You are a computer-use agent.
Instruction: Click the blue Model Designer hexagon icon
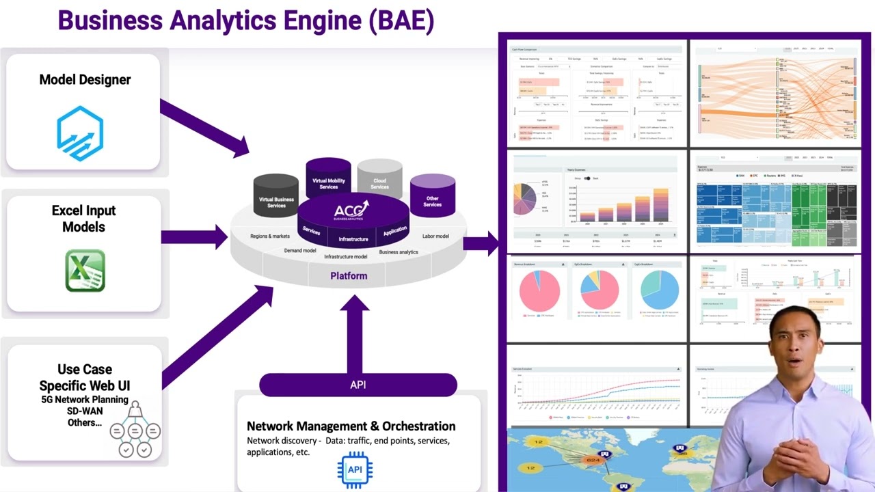(x=81, y=133)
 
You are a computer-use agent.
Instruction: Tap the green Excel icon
(x=85, y=271)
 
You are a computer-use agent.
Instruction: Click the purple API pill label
(x=358, y=385)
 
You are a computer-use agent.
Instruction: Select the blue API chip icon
(x=355, y=469)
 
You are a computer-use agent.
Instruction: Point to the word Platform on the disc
(x=349, y=276)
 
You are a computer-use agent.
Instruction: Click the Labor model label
(x=435, y=236)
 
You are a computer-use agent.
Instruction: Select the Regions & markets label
(x=269, y=236)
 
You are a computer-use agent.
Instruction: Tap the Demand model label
(x=299, y=251)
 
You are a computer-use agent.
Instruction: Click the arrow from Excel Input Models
(x=194, y=237)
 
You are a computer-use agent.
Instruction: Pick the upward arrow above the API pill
(x=354, y=335)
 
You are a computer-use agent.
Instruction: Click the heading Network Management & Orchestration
(x=351, y=426)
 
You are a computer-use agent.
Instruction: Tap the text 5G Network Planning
(x=85, y=399)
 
